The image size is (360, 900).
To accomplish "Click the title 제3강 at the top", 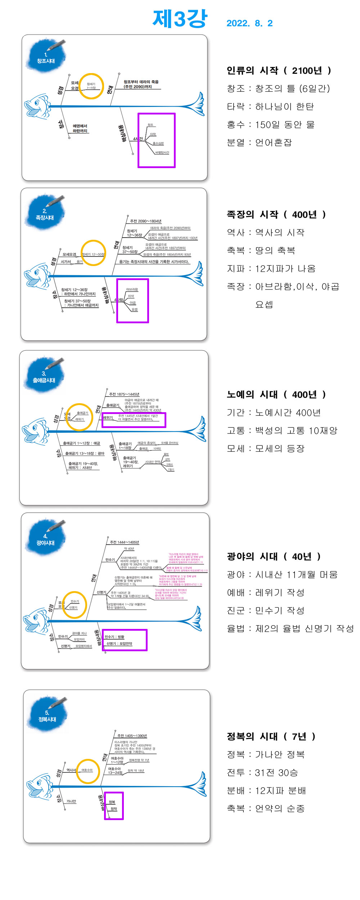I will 180,19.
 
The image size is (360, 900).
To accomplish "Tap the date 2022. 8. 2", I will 249,23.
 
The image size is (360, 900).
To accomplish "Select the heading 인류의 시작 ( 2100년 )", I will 279,71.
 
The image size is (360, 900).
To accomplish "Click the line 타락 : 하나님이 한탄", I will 270,107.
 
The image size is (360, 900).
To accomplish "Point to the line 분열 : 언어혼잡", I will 259,143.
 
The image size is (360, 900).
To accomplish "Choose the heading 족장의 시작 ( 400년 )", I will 276,215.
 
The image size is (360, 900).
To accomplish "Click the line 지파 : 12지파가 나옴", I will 271,269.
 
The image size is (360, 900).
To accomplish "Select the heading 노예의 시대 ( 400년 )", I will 276,395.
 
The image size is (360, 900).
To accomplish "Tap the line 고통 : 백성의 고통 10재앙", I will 282,431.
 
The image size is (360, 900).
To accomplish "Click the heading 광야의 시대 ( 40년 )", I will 274,557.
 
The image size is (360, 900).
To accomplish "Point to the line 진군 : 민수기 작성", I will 266,611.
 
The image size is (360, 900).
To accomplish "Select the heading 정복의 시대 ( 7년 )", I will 271,737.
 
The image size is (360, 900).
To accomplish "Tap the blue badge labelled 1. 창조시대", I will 46,57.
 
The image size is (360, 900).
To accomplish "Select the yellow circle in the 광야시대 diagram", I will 75,605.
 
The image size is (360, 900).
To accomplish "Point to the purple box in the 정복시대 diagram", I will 114,806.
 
